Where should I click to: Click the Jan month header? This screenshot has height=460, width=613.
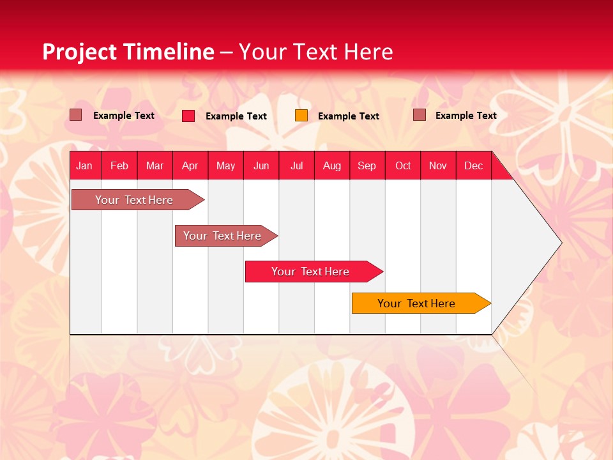[x=84, y=165]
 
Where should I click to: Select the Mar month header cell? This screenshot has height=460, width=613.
[x=155, y=165]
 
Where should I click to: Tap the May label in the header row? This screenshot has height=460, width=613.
[x=225, y=165]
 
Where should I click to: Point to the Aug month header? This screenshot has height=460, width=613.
[x=331, y=165]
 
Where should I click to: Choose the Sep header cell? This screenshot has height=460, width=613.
[x=367, y=165]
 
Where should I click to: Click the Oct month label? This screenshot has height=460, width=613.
[x=403, y=165]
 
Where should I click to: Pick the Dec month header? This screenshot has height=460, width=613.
[x=473, y=165]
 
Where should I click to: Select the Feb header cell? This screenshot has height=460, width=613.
[x=119, y=165]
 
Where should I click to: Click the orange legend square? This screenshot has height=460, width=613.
[x=301, y=116]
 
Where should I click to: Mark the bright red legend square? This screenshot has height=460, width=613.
[x=188, y=116]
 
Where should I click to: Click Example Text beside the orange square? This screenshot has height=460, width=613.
[x=348, y=116]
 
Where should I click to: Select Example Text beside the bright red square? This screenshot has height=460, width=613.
[x=236, y=116]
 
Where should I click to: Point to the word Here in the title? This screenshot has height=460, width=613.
[x=368, y=52]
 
